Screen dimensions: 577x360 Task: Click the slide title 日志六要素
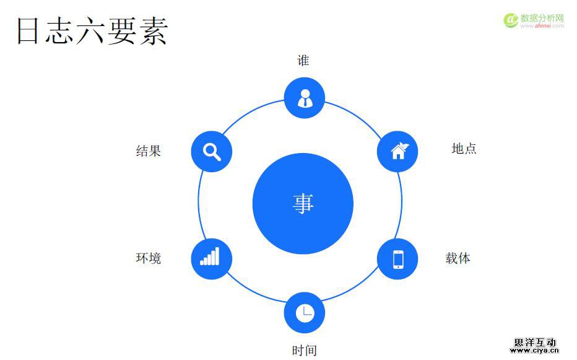coord(92,31)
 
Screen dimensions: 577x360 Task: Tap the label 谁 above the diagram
coord(303,61)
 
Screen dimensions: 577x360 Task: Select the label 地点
coord(464,149)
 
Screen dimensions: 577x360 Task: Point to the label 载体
coord(458,258)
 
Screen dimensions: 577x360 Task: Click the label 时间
coord(305,350)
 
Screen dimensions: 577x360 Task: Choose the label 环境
coord(149,258)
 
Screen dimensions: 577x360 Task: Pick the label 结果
coord(149,151)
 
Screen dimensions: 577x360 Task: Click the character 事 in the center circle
coord(303,204)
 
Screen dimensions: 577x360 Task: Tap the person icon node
coord(305,98)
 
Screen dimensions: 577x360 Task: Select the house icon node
coord(397,151)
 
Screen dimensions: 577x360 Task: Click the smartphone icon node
coord(397,258)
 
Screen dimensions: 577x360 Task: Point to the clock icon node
coord(305,312)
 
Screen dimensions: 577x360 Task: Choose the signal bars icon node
coord(212,258)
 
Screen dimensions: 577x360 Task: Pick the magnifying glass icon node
coord(212,151)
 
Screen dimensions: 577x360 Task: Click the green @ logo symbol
coord(511,20)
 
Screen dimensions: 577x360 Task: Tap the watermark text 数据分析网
coord(542,18)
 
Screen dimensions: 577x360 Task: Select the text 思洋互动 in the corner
coord(535,342)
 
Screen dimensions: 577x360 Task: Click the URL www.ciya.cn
coord(534,351)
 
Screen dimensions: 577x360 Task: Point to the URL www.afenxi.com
coord(542,26)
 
